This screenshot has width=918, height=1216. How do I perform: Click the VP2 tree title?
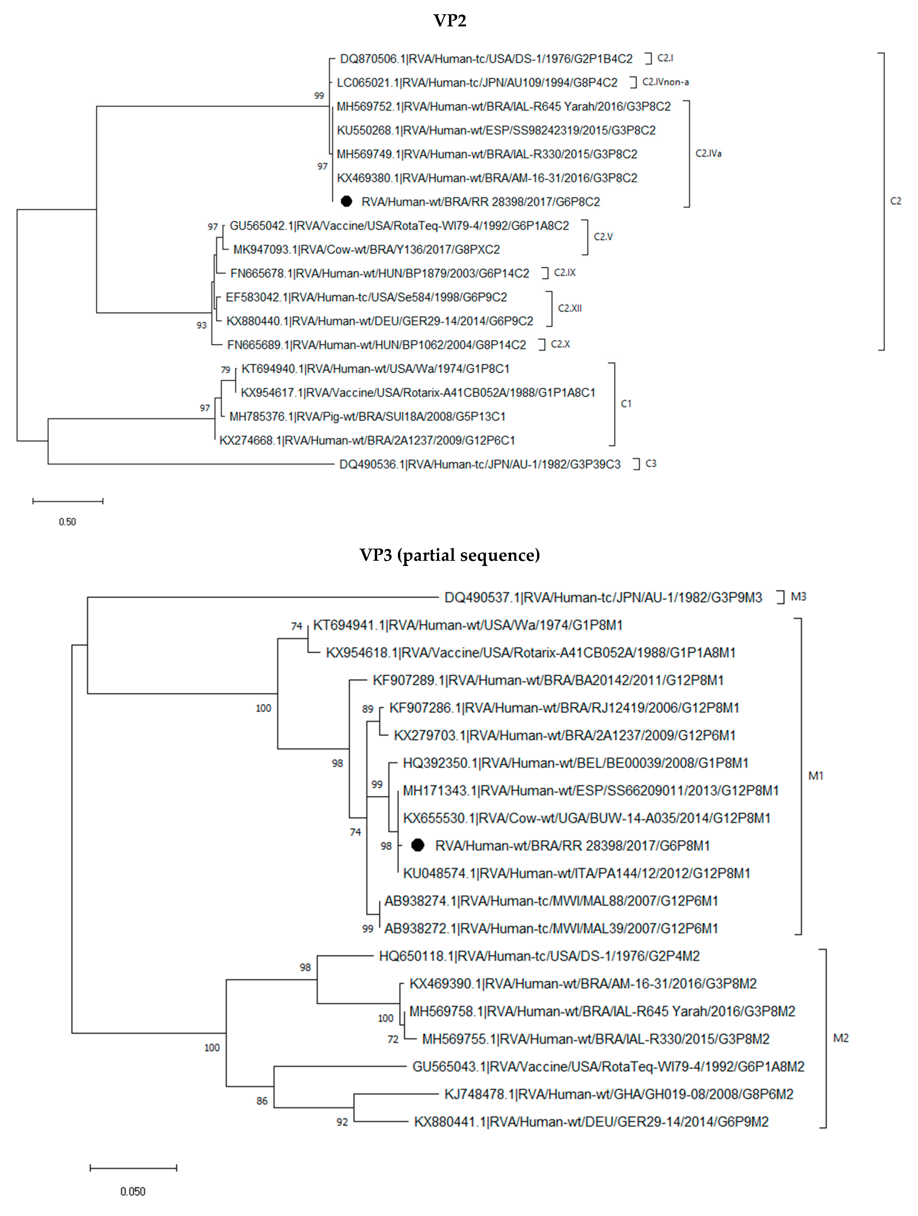click(449, 21)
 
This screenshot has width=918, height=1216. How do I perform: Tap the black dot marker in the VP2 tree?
click(346, 202)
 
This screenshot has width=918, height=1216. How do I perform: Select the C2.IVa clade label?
click(708, 153)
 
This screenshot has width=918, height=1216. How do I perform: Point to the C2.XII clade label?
click(570, 308)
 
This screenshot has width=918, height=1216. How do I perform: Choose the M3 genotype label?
click(798, 597)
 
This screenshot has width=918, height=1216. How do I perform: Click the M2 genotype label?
click(841, 1038)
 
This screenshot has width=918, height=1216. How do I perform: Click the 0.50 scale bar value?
click(68, 522)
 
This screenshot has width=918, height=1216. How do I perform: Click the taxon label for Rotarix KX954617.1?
click(417, 393)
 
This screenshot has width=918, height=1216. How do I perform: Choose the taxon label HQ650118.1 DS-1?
click(539, 956)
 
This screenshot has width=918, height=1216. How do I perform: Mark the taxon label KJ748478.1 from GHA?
click(619, 1094)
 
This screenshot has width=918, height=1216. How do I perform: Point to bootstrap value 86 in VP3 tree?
click(262, 1101)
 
